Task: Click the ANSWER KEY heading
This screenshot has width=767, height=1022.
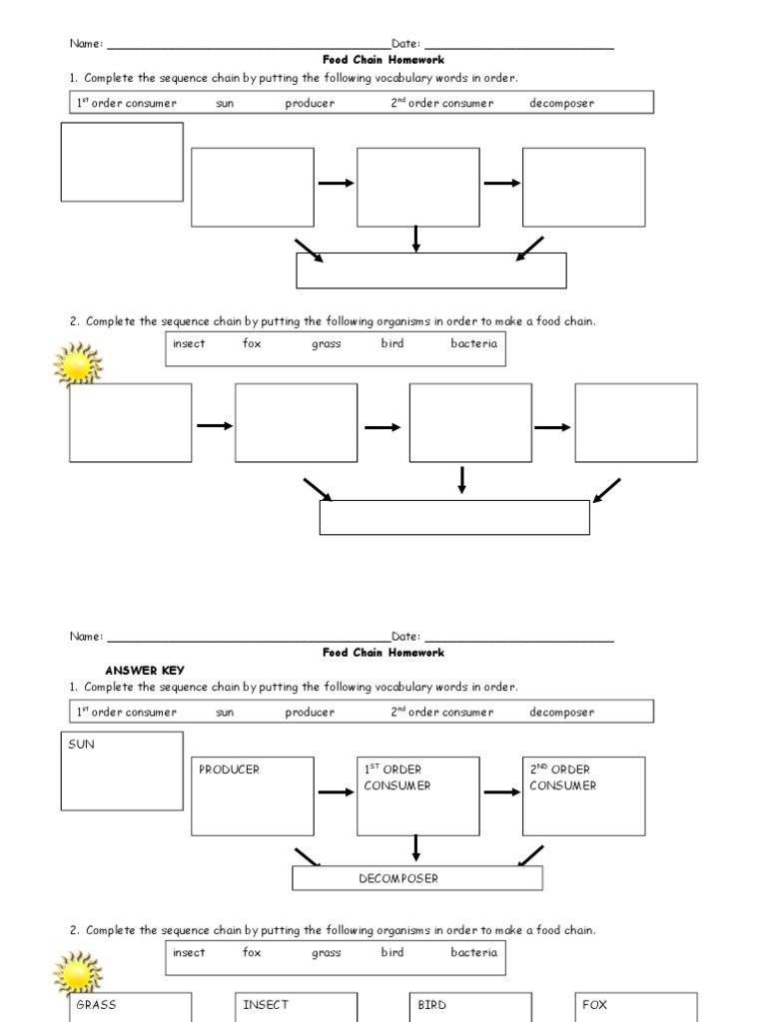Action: tap(145, 670)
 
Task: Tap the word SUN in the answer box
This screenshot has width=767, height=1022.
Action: tap(82, 745)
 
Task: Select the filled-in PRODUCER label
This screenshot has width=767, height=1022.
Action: tap(229, 769)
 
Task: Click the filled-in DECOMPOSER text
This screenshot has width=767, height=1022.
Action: tap(398, 878)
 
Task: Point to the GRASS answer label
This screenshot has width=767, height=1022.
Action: tap(96, 1005)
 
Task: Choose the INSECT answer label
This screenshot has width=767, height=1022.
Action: tap(266, 1005)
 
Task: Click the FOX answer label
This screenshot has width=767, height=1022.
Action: tap(594, 1005)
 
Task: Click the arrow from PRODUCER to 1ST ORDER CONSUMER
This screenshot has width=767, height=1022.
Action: tap(336, 792)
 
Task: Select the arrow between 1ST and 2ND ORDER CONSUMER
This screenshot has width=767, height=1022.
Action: tap(502, 792)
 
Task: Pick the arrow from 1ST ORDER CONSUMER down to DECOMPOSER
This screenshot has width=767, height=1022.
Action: tap(416, 847)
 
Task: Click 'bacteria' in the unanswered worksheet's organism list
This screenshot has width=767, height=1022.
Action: tap(473, 343)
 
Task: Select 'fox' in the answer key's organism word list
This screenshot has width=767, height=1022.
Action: tap(252, 952)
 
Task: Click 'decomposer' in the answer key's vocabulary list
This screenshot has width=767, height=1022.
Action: tap(561, 712)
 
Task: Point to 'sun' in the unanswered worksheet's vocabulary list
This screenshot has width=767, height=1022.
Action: tap(225, 104)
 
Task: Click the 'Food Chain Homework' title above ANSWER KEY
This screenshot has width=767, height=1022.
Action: tap(383, 653)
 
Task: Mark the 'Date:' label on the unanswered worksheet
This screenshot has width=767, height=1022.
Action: tap(406, 44)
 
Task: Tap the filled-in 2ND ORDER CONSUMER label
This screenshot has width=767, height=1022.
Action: tap(562, 777)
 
